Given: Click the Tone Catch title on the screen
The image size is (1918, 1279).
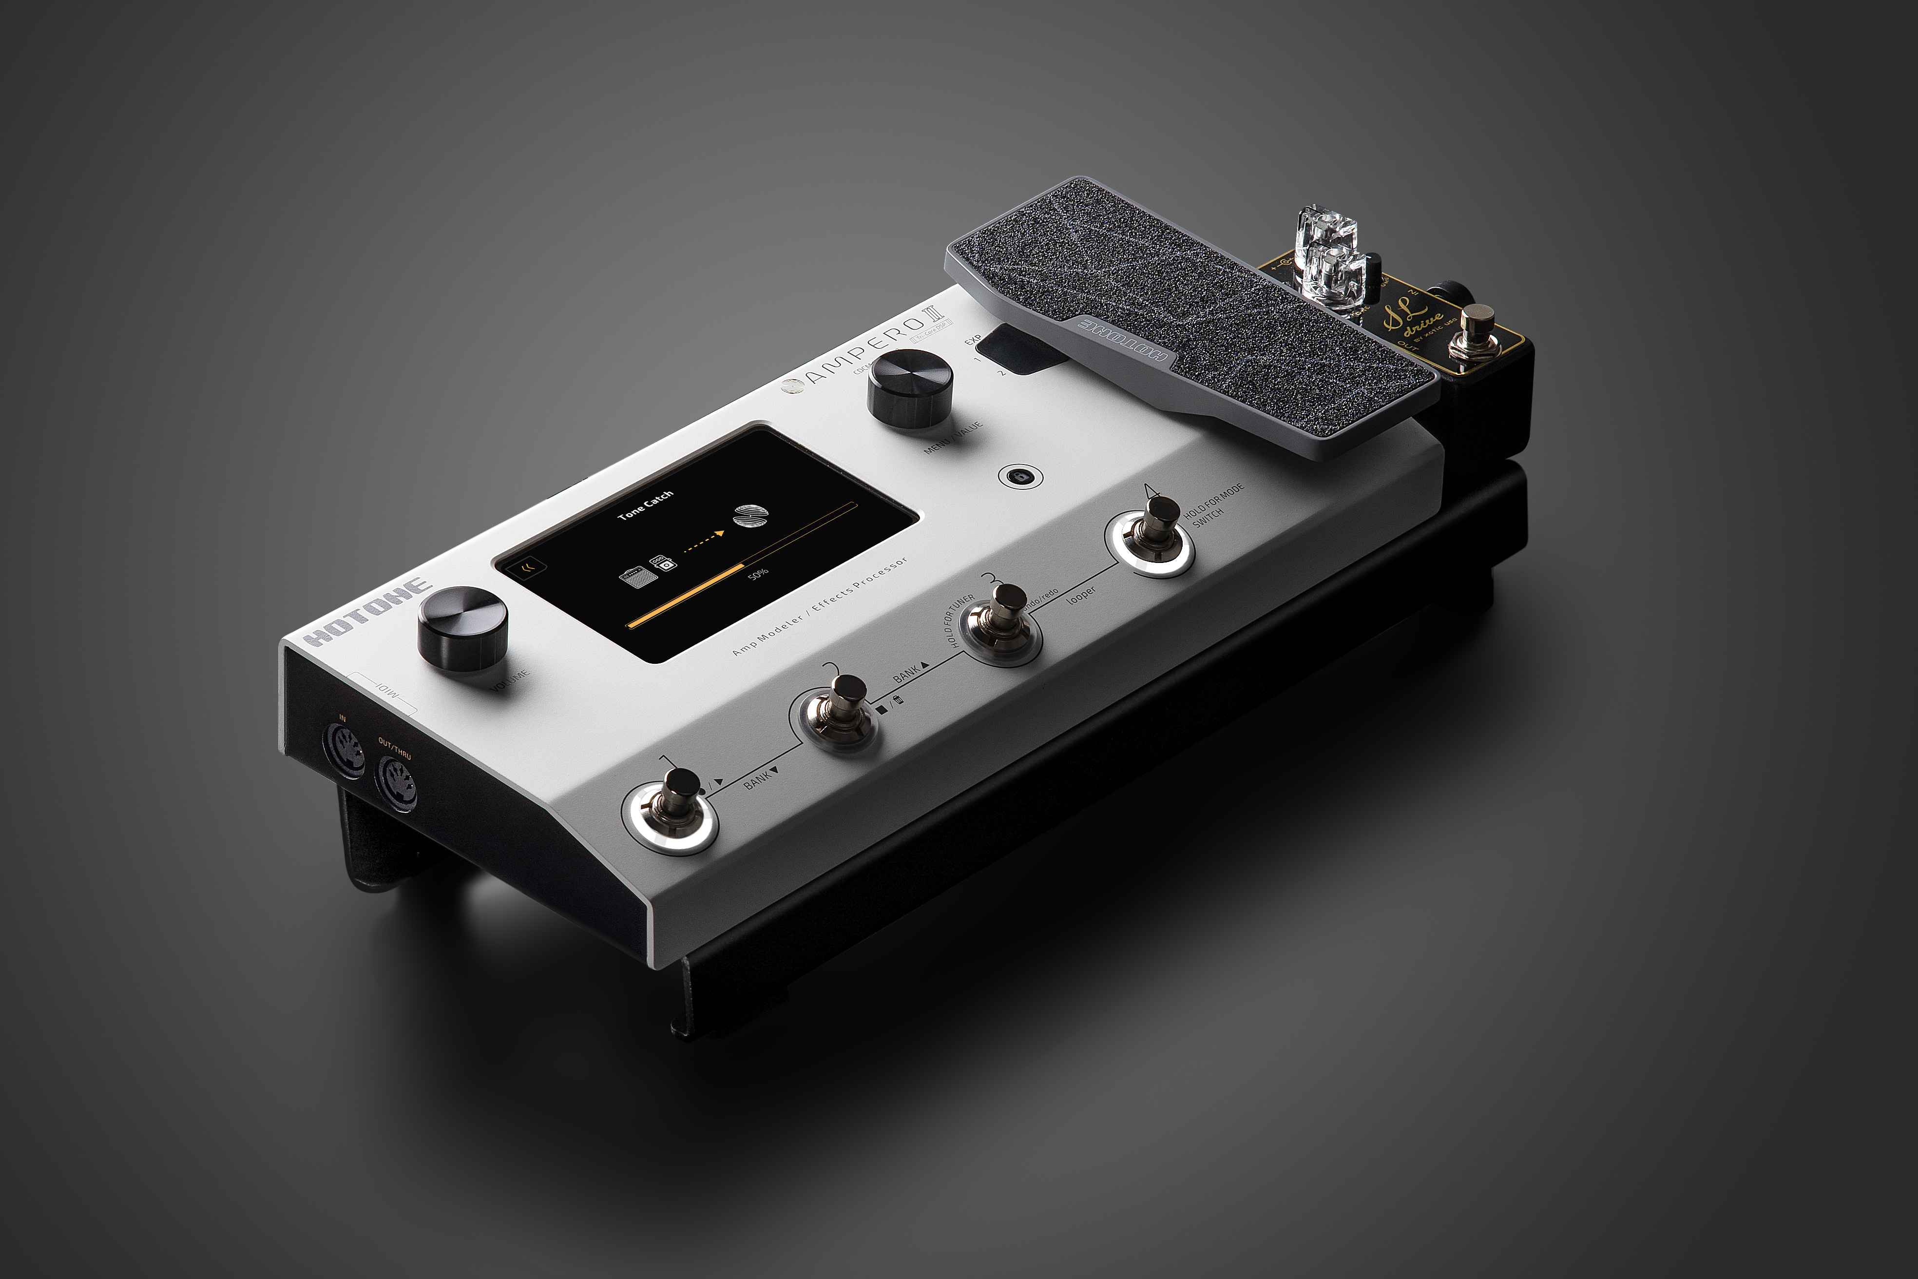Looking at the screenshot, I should (645, 505).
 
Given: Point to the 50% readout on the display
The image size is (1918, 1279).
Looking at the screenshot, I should (758, 573).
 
